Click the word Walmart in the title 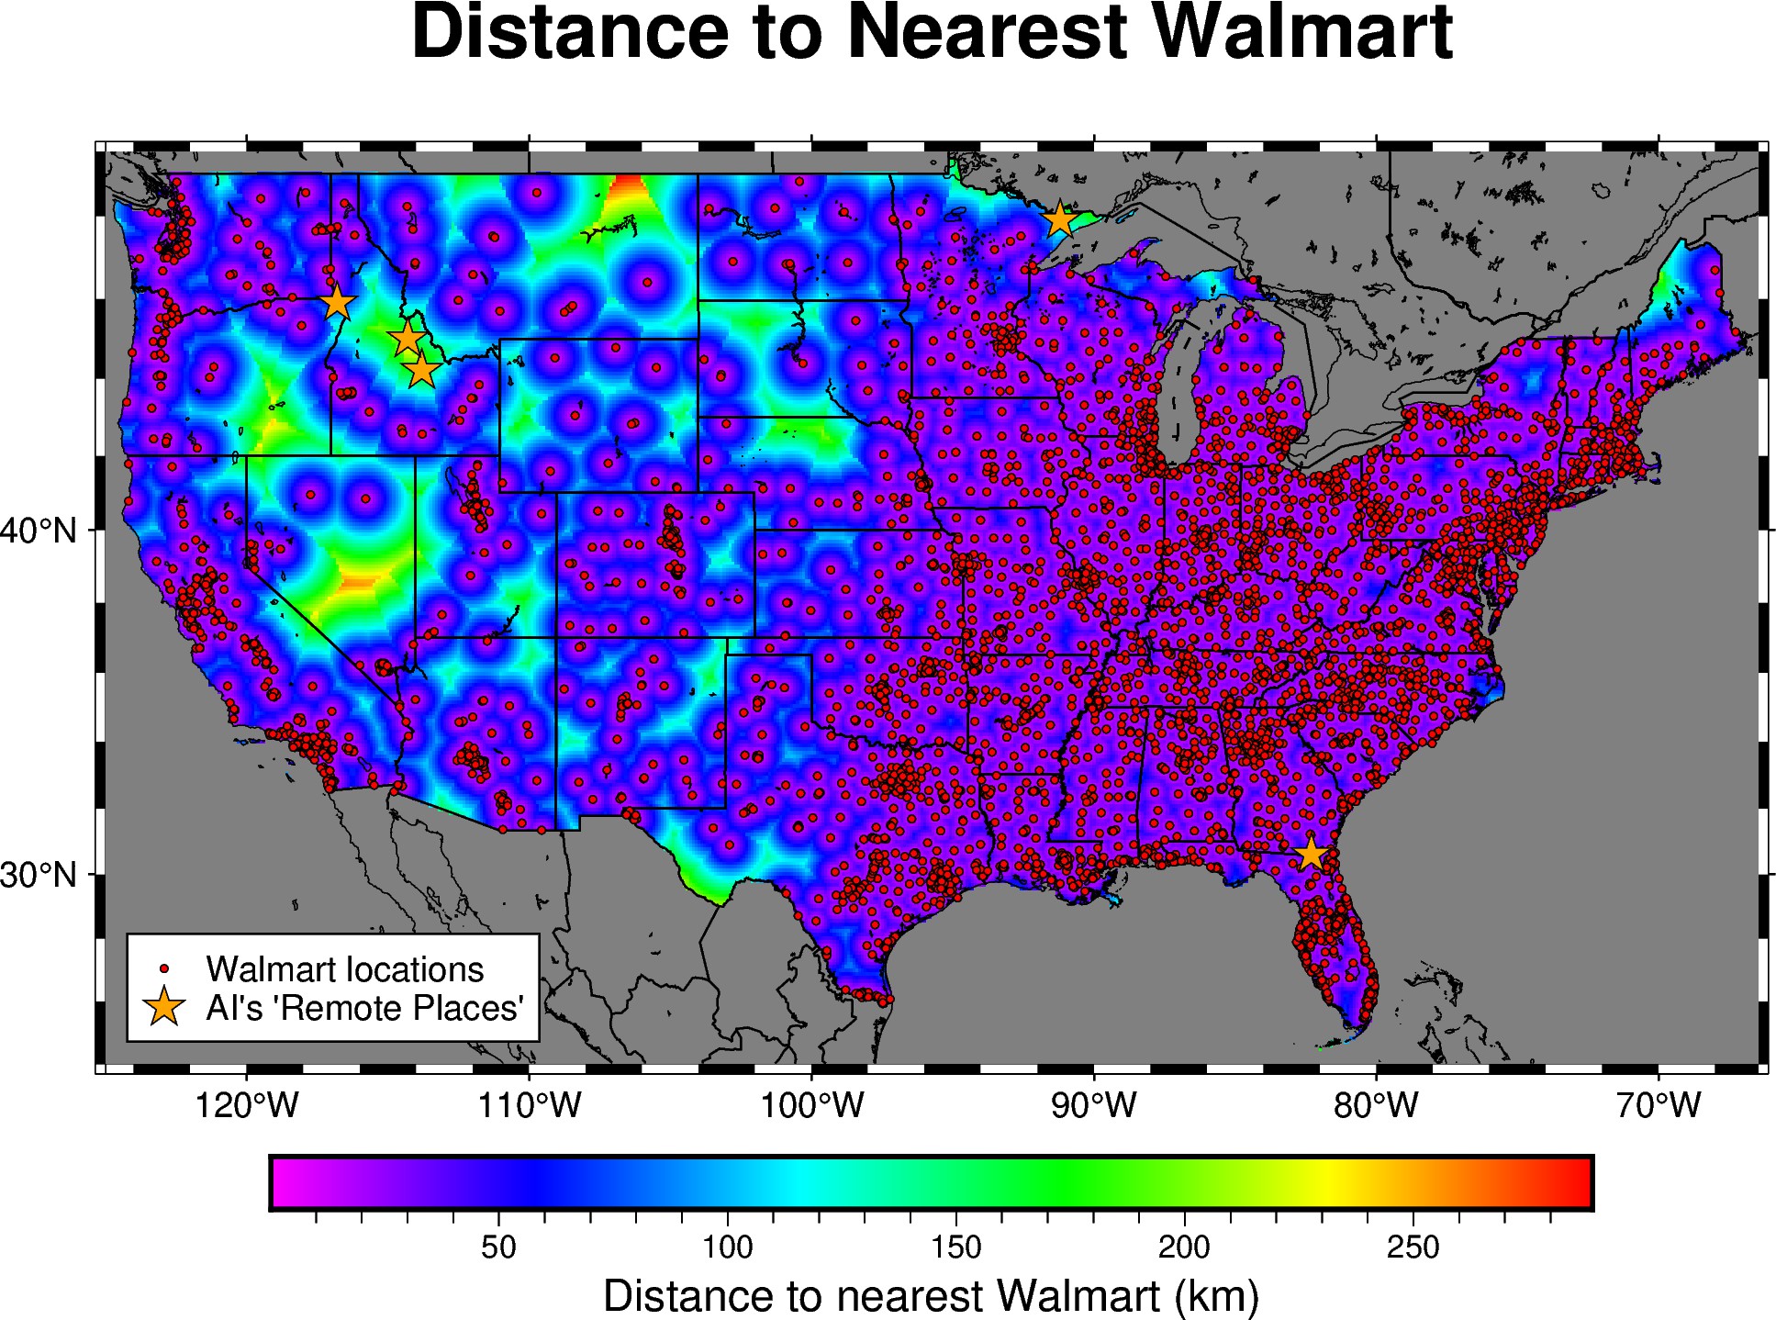(x=1301, y=33)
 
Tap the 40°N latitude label (x=39, y=531)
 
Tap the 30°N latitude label (x=39, y=875)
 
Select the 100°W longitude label (x=811, y=1105)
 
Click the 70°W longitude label (x=1659, y=1105)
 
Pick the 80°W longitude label (x=1376, y=1105)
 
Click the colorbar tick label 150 (x=955, y=1247)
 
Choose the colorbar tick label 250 (x=1413, y=1247)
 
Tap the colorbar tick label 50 (x=498, y=1247)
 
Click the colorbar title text (x=931, y=1296)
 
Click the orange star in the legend (x=164, y=1007)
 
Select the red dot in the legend (x=164, y=968)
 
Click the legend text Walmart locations (x=344, y=969)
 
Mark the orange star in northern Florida (x=1311, y=854)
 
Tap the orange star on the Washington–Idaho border (x=338, y=302)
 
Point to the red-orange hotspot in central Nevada (x=358, y=581)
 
